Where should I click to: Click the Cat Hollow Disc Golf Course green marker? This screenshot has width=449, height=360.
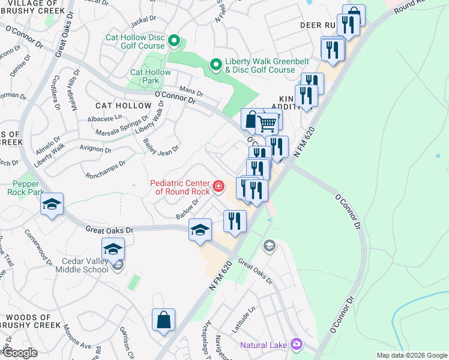pos(174,41)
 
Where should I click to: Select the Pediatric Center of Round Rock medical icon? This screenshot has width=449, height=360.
pos(218,186)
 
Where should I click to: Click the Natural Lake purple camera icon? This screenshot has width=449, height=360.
pos(296,344)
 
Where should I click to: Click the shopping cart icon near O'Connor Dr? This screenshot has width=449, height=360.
pos(267,124)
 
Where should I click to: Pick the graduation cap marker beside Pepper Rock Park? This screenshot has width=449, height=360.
pos(52,205)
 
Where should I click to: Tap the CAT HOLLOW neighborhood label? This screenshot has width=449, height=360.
pos(123,106)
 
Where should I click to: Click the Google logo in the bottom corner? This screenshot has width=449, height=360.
pos(20,353)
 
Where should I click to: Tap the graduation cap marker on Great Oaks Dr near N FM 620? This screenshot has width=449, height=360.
pos(200,229)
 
